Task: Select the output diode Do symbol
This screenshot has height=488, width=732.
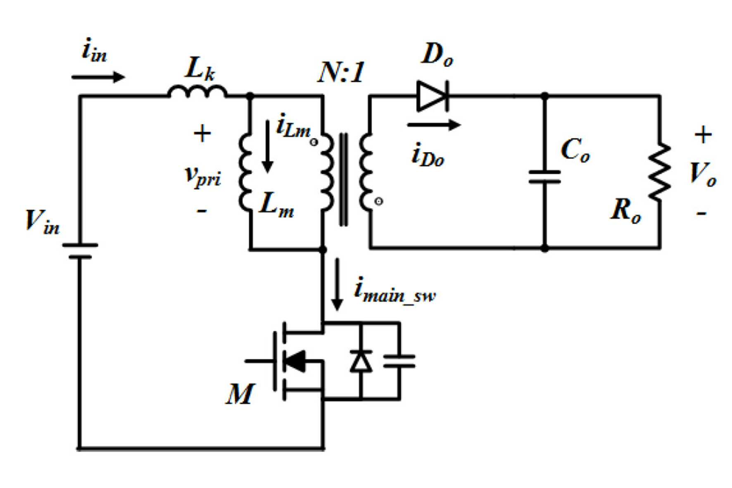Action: tap(433, 96)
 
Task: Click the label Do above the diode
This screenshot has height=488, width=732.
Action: tap(437, 55)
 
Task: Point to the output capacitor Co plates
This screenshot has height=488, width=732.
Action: tap(544, 176)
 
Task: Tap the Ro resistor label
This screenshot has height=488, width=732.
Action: tap(626, 210)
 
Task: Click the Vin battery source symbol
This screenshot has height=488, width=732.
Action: tap(80, 251)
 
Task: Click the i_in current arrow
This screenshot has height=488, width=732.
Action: tap(98, 77)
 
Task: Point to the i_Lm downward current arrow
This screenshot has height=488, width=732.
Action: tap(268, 146)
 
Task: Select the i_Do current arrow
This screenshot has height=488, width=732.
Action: tap(434, 124)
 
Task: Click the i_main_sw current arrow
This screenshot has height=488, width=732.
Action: tap(337, 284)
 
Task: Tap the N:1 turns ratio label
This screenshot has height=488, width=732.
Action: tap(341, 72)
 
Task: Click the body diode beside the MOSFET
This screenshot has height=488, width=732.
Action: tap(361, 361)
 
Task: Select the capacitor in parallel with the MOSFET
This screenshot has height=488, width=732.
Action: tap(399, 361)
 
